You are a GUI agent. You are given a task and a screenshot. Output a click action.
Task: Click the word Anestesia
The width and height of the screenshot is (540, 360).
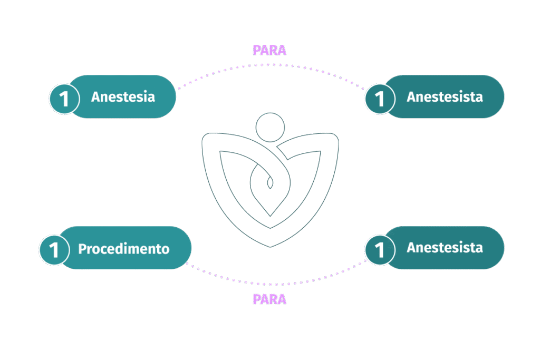(123, 97)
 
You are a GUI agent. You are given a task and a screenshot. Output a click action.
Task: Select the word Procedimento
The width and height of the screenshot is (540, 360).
(124, 249)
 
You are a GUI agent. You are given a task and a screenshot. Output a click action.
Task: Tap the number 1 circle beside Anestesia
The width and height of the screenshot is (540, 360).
(64, 99)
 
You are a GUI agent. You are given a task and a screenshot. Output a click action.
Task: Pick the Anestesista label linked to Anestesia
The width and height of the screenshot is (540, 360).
(445, 97)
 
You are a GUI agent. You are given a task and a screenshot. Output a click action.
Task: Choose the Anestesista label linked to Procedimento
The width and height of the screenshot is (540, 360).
(445, 248)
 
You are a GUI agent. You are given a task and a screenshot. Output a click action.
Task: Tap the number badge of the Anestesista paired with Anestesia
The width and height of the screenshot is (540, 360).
(380, 99)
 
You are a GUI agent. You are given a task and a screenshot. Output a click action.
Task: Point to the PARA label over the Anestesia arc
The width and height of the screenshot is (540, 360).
(269, 50)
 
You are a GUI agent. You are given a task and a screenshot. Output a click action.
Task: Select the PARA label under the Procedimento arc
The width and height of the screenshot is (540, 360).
(269, 299)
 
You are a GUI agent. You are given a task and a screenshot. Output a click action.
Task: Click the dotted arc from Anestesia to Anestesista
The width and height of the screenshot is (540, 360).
(269, 65)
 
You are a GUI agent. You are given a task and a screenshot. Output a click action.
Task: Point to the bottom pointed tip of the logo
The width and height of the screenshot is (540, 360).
(271, 247)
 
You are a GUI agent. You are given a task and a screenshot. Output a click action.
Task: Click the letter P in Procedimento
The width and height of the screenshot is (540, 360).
(82, 249)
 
